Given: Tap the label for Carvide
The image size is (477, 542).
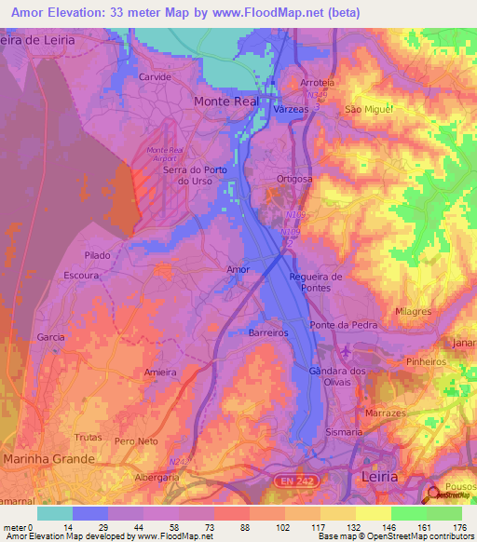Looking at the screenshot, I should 155,77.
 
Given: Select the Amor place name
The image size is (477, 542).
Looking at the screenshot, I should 238,270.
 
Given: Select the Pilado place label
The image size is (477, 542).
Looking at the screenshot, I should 97,255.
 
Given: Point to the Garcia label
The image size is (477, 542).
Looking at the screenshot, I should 50,336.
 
